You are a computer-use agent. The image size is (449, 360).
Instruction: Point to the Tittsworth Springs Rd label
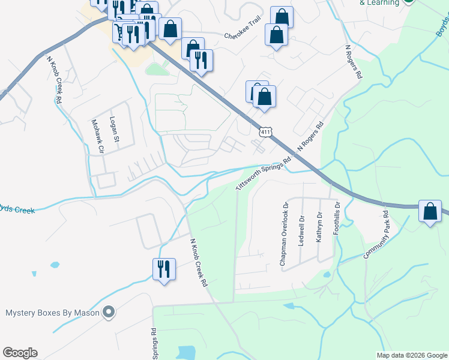(264, 173)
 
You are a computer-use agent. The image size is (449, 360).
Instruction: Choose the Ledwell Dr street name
(301, 230)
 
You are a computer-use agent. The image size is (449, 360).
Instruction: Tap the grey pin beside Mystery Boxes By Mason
(109, 312)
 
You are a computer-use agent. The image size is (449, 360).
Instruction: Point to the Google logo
(20, 353)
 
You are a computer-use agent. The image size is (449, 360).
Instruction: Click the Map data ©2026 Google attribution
(412, 355)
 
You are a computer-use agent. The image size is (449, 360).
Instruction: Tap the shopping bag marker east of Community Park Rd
(430, 211)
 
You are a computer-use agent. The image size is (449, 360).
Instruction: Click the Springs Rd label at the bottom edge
(154, 344)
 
